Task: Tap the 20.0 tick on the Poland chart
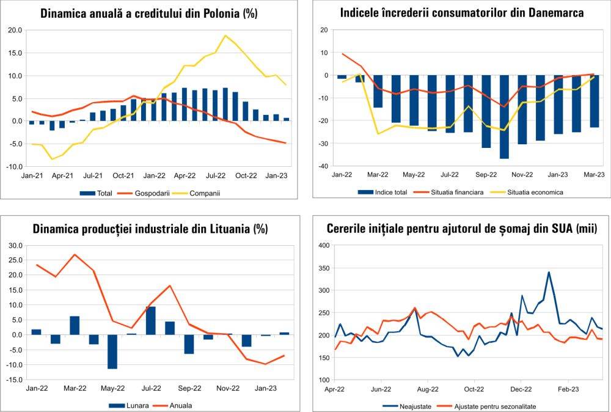click(15, 30)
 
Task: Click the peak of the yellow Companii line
click(225, 35)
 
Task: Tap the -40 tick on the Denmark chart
click(324, 166)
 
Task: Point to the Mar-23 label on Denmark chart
click(593, 174)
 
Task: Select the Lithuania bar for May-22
click(112, 351)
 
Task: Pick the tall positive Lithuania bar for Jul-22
click(151, 321)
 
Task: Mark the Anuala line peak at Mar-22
click(75, 254)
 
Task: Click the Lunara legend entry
click(126, 405)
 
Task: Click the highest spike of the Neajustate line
click(549, 272)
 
